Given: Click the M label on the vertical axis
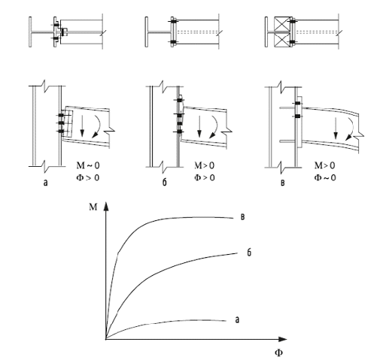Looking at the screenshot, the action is tap(93, 207).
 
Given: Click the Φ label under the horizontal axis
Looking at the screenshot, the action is tap(278, 352).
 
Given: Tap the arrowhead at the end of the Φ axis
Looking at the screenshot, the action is tap(282, 339).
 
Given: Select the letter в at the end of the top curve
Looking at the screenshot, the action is tap(242, 217).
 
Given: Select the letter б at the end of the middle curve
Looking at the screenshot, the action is tap(249, 253).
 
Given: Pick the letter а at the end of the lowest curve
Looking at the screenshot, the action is tap(237, 319).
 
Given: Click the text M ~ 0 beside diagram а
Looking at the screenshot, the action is tap(88, 165).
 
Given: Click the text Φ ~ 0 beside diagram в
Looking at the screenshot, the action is tap(325, 177).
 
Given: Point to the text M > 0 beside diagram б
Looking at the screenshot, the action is tap(204, 165).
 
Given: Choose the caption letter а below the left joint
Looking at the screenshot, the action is tap(45, 183).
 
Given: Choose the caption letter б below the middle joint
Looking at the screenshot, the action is tap(164, 182).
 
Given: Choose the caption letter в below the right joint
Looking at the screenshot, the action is tap(283, 183).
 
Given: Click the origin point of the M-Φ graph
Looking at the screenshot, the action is tap(106, 339).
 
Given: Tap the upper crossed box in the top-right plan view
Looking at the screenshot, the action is tap(282, 24).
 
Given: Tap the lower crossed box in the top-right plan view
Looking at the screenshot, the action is tap(282, 40).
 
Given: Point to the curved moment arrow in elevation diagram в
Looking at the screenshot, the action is tap(351, 129).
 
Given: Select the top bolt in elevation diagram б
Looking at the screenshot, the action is tap(179, 100).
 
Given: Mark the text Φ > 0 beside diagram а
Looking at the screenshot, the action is tap(88, 177).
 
